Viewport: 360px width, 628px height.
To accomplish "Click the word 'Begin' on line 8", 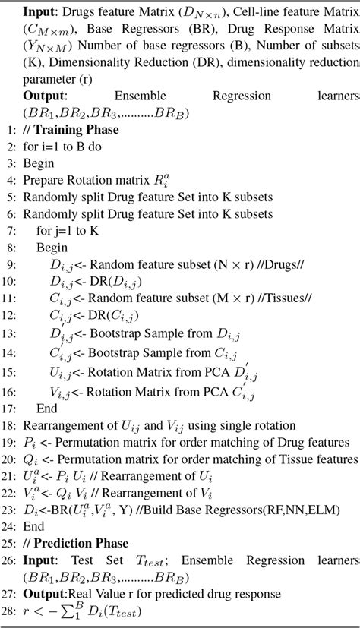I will point(52,248).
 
